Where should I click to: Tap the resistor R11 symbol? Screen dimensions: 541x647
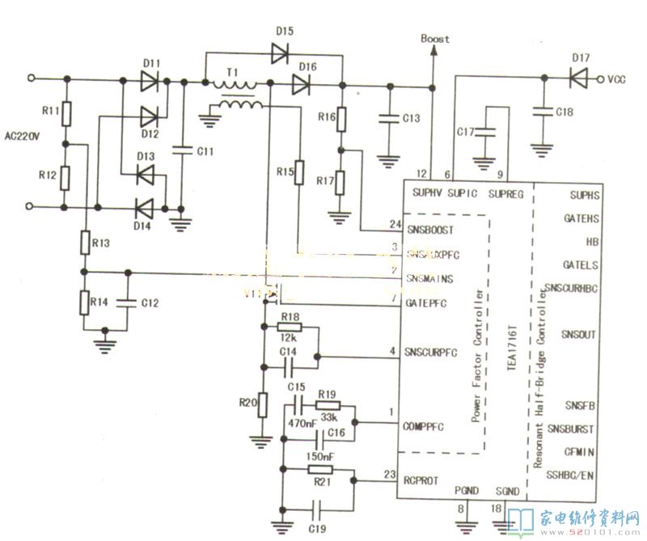(67, 112)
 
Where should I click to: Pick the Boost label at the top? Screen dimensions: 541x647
(435, 39)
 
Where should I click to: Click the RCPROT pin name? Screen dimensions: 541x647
(421, 480)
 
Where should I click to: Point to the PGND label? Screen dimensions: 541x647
(467, 490)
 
